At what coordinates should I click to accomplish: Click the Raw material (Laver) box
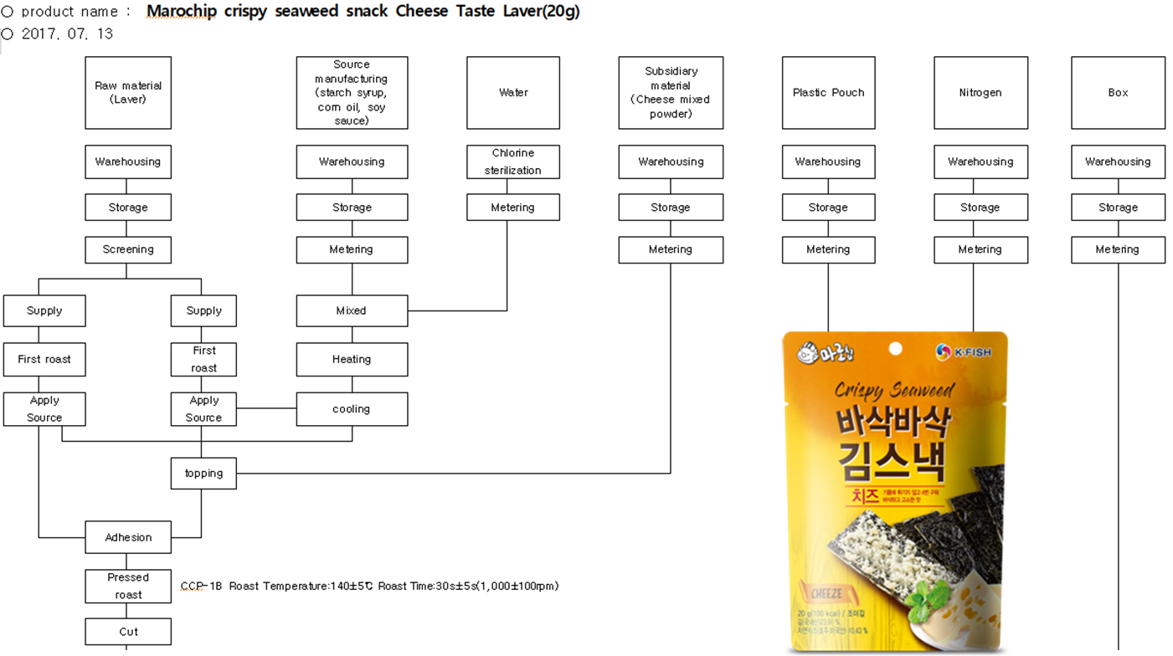[x=128, y=93]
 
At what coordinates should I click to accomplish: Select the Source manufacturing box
[x=352, y=93]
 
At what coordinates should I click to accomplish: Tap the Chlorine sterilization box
[x=512, y=161]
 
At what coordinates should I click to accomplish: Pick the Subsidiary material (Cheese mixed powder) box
[x=671, y=93]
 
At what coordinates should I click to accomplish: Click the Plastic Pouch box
[x=828, y=93]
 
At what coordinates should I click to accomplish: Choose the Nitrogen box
[x=980, y=93]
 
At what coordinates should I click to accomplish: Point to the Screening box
[x=128, y=249]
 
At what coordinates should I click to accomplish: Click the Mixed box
[x=352, y=310]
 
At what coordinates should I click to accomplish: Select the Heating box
[x=352, y=359]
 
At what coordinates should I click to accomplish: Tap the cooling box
[x=352, y=409]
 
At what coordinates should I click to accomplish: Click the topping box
[x=203, y=474]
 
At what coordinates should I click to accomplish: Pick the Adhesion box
[x=128, y=537]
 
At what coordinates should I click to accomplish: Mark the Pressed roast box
[x=128, y=586]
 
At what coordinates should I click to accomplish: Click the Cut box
[x=128, y=632]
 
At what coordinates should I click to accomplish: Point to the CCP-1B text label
[x=202, y=586]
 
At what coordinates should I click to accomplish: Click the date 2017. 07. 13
[x=67, y=33]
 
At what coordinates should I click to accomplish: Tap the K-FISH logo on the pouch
[x=964, y=352]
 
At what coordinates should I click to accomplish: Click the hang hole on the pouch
[x=895, y=348]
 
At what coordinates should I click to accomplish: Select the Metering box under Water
[x=512, y=208]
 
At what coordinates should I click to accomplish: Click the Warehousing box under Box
[x=1118, y=161]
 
